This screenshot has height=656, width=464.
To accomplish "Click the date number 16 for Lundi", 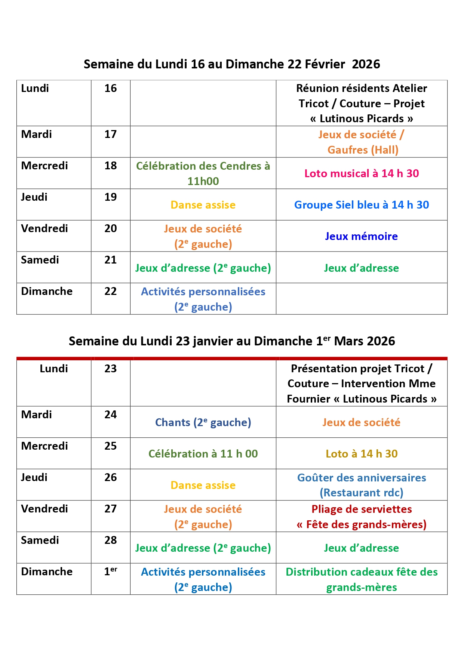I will coord(110,88).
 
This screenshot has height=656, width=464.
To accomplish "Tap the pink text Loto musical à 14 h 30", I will coord(361,173).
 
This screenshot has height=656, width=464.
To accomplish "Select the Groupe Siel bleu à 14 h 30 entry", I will coord(361,205).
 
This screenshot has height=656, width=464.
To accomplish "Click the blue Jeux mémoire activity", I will coord(361,236).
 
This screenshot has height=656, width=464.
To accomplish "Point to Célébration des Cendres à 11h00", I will coord(203,173).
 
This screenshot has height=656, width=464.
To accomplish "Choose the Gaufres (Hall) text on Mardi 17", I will coord(363,150).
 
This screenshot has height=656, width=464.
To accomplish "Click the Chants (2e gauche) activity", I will coord(203,422).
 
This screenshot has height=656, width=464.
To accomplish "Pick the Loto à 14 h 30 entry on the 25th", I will coord(361,454).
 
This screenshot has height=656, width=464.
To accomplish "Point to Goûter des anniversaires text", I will coord(361,478).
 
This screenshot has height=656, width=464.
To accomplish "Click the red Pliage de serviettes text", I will coord(361,509).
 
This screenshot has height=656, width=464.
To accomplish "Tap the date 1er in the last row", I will coord(110,571).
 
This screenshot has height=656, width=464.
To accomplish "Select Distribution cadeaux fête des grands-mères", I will coord(361,579).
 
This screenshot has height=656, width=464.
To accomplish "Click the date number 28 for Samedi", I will coord(110,540).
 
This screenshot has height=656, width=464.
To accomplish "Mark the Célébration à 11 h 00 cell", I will coord(203,454).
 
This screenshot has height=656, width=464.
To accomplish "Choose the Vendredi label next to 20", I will coord(44,228).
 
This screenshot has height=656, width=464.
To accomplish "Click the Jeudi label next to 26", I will coord(34,477).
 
